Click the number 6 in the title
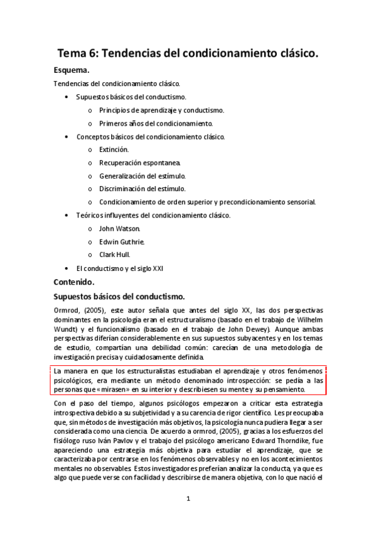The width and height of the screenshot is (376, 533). click(x=94, y=54)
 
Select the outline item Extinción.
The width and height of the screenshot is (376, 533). click(x=114, y=150)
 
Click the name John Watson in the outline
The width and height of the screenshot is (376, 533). click(x=119, y=228)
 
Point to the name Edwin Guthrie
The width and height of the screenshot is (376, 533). click(x=122, y=241)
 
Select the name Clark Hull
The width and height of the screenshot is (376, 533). click(x=114, y=255)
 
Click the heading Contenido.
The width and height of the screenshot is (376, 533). click(x=74, y=282)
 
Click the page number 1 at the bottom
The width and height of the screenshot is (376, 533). click(x=188, y=498)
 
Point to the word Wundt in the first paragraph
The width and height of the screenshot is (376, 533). click(x=64, y=329)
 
